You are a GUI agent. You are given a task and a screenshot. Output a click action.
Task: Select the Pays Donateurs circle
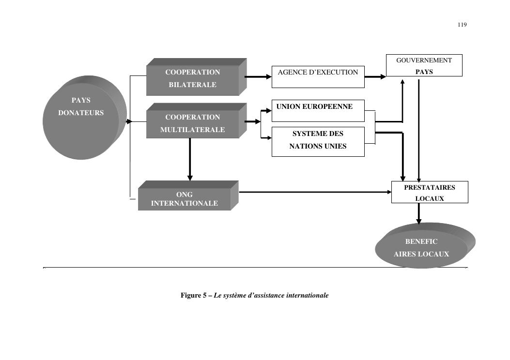[81, 121]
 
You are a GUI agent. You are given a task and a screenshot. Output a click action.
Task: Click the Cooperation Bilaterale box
[193, 79]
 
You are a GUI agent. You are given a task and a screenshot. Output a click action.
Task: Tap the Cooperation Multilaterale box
[193, 123]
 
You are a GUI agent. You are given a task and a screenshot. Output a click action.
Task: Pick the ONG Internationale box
[185, 198]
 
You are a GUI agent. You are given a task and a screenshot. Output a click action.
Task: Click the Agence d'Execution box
[318, 77]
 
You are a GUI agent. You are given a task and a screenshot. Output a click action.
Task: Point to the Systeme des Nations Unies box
[318, 141]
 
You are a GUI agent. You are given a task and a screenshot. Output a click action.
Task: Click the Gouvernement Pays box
[424, 65]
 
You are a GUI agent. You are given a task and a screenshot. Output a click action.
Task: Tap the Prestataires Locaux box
[430, 192]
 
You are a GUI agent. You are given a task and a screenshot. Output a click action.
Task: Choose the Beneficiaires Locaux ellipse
[421, 248]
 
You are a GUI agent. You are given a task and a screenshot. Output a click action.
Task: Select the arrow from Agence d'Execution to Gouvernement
[375, 76]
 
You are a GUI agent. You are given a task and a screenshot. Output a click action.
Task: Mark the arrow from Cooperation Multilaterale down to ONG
[190, 160]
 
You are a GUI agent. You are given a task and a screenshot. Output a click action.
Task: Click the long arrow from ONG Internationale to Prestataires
[315, 192]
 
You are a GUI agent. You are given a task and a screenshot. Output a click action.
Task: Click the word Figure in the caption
[191, 295]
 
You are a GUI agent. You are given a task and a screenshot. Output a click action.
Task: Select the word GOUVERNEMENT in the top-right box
[424, 60]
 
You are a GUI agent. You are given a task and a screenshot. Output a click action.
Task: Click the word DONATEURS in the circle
[81, 113]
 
